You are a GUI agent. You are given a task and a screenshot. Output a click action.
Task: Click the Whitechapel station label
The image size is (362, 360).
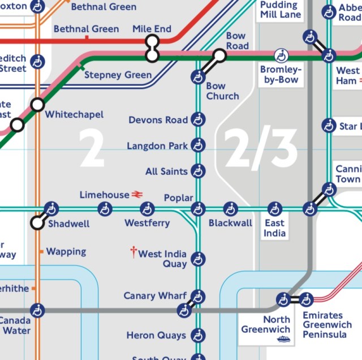click(74, 114)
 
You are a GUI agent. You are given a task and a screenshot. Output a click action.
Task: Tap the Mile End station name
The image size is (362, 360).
click(152, 29)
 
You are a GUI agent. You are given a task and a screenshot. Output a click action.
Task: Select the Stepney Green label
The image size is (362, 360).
click(118, 75)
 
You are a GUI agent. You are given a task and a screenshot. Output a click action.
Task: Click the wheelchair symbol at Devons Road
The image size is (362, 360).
click(197, 119)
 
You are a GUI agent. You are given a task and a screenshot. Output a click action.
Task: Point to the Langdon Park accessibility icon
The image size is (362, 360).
click(197, 145)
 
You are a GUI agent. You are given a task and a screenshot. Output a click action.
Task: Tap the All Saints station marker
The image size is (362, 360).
click(197, 171)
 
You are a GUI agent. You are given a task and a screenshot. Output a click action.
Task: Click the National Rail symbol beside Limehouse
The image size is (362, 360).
click(137, 195)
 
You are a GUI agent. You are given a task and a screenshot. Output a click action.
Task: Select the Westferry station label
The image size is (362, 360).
click(147, 223)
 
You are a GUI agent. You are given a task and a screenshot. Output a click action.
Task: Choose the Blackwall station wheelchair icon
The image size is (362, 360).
click(230, 209)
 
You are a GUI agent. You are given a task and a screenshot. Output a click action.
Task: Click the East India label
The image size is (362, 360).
click(275, 228)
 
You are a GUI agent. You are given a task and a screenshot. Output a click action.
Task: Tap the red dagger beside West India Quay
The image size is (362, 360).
click(133, 252)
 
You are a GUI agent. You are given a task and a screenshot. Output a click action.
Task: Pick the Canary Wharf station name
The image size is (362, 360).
click(155, 296)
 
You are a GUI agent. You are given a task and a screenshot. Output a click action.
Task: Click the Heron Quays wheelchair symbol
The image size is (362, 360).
click(197, 336)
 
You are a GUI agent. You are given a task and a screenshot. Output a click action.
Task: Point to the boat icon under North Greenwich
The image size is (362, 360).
click(282, 339)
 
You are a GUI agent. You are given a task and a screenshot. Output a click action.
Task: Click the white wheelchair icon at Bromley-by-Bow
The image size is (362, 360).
click(281, 55)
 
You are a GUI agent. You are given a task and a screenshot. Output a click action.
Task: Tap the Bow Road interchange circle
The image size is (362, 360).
click(219, 55)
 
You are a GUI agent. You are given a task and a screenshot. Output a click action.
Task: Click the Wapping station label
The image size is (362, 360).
click(66, 251)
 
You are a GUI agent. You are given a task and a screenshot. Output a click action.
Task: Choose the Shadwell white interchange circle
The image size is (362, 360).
click(37, 222)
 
